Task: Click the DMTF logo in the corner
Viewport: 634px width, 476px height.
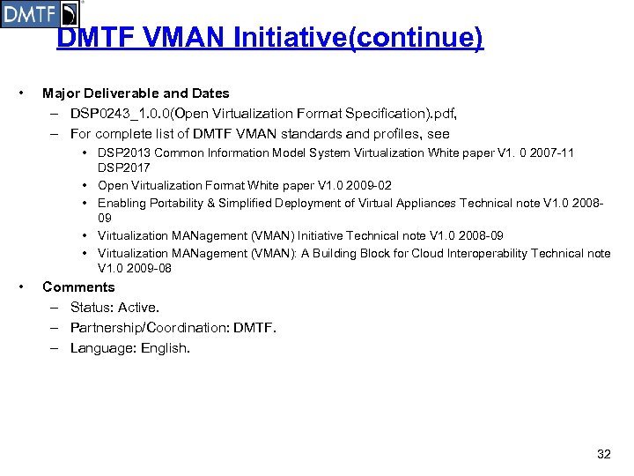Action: point(40,14)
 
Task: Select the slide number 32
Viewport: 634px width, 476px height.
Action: point(603,454)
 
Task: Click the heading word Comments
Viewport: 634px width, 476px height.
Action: point(78,286)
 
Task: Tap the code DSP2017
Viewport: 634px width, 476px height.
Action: point(123,167)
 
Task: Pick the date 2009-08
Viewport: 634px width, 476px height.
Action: point(146,269)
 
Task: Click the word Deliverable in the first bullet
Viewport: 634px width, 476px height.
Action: point(121,93)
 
